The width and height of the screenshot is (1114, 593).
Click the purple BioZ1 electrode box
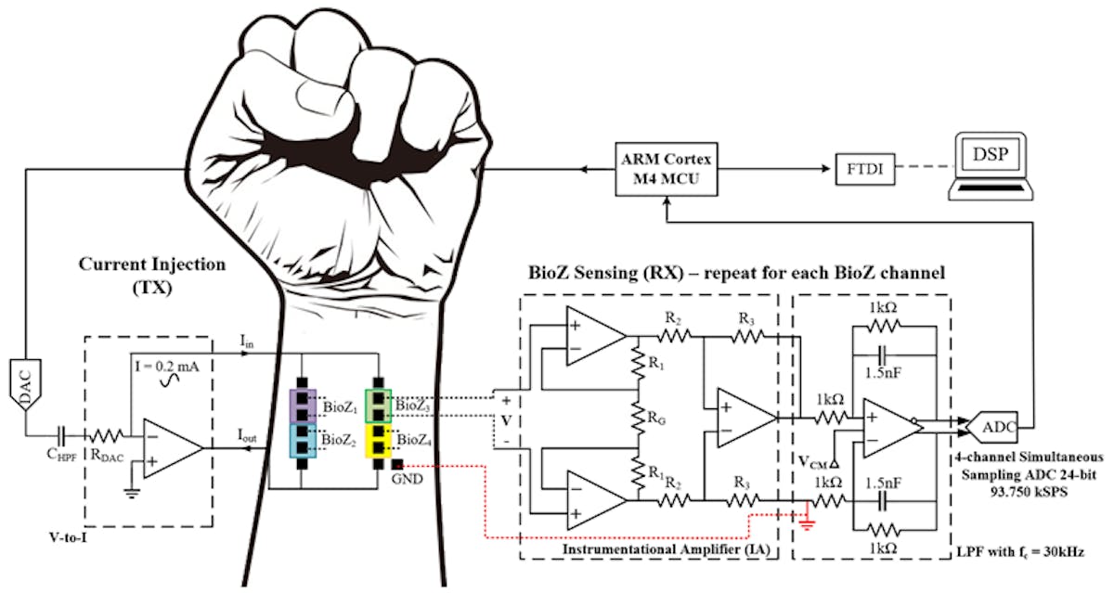pyautogui.click(x=303, y=406)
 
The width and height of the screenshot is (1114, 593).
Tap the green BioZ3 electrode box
pyautogui.click(x=379, y=406)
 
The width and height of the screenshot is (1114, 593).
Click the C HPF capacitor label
pyautogui.click(x=65, y=458)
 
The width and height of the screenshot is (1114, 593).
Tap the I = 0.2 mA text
pyautogui.click(x=173, y=366)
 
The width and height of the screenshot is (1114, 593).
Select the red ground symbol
pyautogui.click(x=810, y=525)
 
